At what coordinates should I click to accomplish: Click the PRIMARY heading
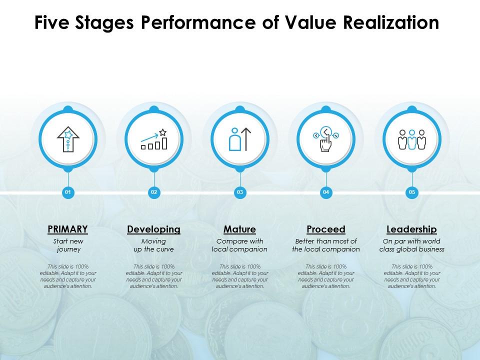[68, 229]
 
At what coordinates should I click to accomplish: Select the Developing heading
[154, 229]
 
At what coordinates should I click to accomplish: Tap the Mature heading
[240, 229]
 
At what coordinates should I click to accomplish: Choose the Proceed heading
[326, 229]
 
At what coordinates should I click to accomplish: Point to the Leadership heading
[412, 229]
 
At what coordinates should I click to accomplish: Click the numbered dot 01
[68, 192]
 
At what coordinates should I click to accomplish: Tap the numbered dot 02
[154, 192]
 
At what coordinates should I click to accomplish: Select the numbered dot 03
[240, 192]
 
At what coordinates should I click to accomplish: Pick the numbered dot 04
[326, 192]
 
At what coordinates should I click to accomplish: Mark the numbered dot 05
[412, 192]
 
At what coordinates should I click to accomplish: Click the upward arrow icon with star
[68, 138]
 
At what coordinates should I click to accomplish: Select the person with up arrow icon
[240, 139]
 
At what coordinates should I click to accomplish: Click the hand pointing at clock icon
[326, 139]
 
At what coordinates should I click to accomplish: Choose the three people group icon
[412, 139]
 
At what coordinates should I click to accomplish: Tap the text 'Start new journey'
[68, 245]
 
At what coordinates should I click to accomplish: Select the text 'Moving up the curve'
[154, 245]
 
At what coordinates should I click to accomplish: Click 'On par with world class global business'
[412, 245]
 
